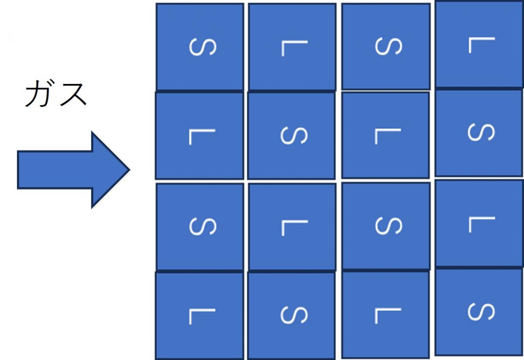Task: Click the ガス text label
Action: click(x=56, y=93)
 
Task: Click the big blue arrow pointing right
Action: click(x=73, y=170)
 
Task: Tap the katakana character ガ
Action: click(x=40, y=93)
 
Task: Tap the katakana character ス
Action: click(x=73, y=94)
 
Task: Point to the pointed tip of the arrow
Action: click(x=130, y=170)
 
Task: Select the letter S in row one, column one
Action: click(x=203, y=47)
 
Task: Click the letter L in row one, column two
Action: click(x=294, y=48)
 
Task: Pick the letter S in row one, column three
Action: click(x=389, y=46)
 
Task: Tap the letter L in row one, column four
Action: click(x=482, y=45)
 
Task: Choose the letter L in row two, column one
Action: click(x=202, y=137)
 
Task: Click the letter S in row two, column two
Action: click(x=294, y=135)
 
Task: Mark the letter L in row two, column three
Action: click(x=388, y=136)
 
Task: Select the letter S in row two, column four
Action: click(x=481, y=132)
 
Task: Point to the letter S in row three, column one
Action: click(x=203, y=226)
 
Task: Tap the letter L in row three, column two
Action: click(x=294, y=228)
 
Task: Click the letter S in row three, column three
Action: click(x=389, y=225)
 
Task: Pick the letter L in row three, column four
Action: click(x=482, y=225)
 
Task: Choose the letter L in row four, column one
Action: click(x=202, y=317)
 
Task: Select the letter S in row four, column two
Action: click(x=294, y=315)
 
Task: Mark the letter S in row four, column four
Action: click(x=481, y=312)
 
